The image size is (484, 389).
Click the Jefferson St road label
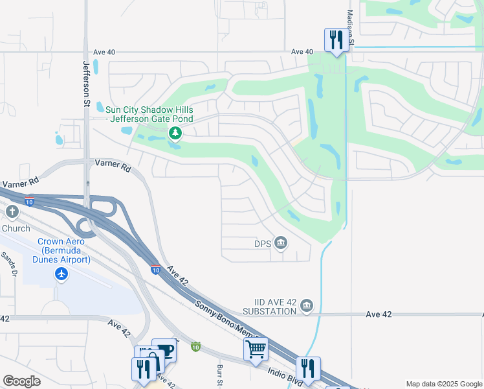pyautogui.click(x=85, y=84)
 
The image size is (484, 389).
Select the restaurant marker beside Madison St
pyautogui.click(x=336, y=40)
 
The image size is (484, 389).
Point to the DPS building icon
pyautogui.click(x=281, y=244)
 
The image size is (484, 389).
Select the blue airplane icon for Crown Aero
pyautogui.click(x=61, y=274)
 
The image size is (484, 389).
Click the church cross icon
pyautogui.click(x=12, y=212)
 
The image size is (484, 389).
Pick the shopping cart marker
pyautogui.click(x=256, y=349)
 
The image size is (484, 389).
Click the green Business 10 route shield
pyautogui.click(x=195, y=347)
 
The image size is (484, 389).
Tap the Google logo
pyautogui.click(x=22, y=381)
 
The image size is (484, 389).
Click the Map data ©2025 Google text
pyautogui.click(x=443, y=384)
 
